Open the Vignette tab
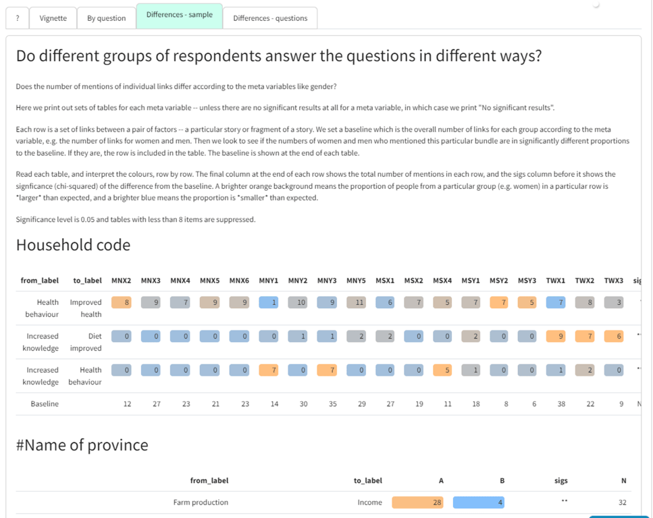click(53, 18)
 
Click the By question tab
click(106, 18)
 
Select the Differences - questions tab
click(270, 18)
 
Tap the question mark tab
click(18, 18)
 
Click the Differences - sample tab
click(179, 15)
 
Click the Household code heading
click(73, 245)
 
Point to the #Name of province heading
click(82, 445)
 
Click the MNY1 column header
click(269, 280)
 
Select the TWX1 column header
click(556, 280)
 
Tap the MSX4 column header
click(442, 280)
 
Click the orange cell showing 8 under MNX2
click(122, 303)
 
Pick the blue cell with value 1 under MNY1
click(269, 303)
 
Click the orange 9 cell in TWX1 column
click(556, 337)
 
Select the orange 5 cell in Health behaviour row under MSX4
click(442, 370)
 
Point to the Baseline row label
click(45, 404)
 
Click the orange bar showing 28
click(418, 502)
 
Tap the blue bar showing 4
click(479, 502)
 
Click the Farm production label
click(201, 502)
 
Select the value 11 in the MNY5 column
click(356, 303)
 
